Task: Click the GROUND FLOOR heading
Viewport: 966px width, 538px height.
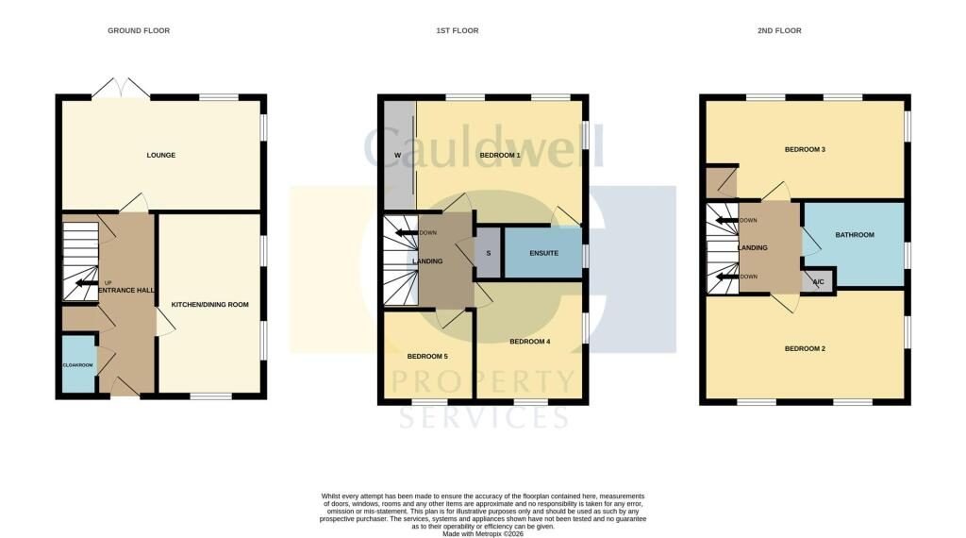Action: click(139, 30)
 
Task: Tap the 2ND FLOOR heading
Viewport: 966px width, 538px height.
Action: click(779, 30)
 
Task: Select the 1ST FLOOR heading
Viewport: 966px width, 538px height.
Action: click(458, 30)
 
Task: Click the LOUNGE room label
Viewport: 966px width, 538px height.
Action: click(160, 156)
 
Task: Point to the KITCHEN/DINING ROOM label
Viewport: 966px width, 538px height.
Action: click(210, 305)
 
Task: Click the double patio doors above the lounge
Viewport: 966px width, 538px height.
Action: click(121, 88)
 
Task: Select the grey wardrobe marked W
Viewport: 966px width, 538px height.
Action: click(399, 156)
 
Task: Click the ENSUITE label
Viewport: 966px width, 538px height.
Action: click(544, 253)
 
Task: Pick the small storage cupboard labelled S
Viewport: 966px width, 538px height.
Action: click(488, 253)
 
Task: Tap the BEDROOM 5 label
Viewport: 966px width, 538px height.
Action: click(427, 356)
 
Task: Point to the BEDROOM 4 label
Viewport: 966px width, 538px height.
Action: click(530, 342)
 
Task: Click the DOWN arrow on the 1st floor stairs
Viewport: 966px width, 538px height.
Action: click(407, 233)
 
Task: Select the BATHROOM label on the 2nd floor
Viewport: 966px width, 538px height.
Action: click(855, 235)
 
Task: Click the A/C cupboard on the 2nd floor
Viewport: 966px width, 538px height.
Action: click(818, 281)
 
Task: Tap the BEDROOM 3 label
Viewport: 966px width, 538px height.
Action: click(805, 149)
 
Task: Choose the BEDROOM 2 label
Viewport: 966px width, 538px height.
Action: click(805, 349)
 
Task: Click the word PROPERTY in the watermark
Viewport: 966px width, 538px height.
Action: click(483, 381)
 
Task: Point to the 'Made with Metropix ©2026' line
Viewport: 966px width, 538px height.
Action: click(483, 534)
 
